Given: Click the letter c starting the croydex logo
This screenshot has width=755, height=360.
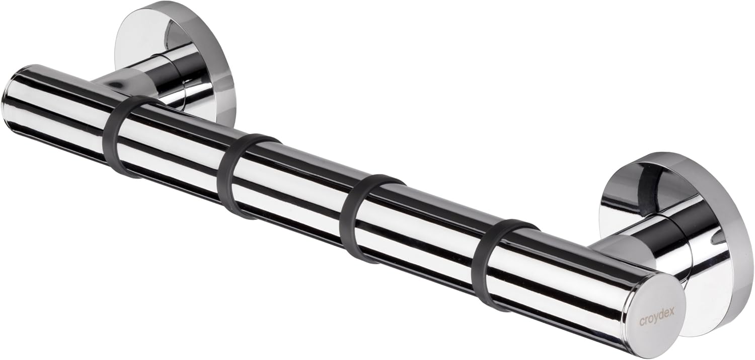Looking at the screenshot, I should [x=642, y=320].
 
